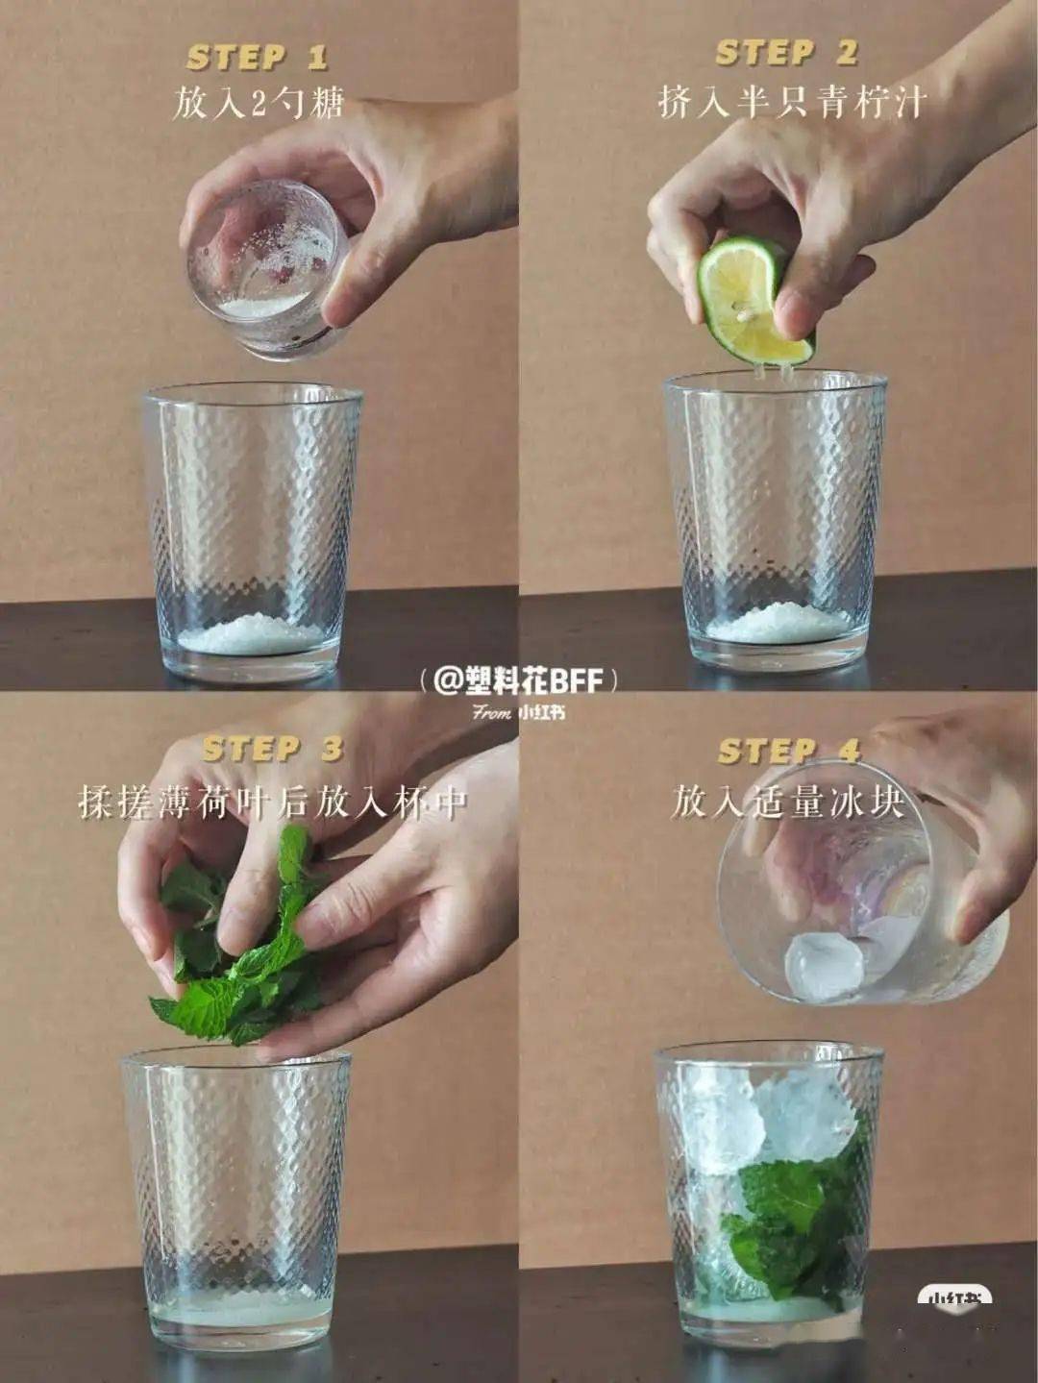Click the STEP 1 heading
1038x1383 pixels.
pos(258,58)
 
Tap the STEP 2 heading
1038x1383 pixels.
pos(787,53)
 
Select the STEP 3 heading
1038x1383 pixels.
pos(273,749)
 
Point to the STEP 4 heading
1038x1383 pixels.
pos(789,751)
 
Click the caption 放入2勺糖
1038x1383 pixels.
pos(259,102)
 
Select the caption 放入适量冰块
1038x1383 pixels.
pos(787,803)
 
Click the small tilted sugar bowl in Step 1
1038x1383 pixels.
pos(268,271)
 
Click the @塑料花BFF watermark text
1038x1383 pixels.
pos(518,681)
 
